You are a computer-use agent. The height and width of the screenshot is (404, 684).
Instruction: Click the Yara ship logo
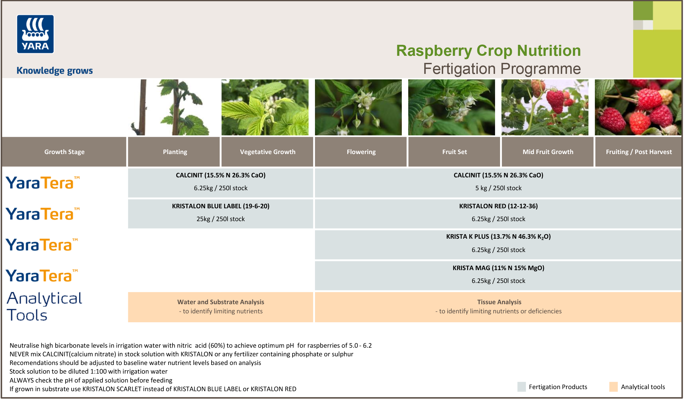pos(35,34)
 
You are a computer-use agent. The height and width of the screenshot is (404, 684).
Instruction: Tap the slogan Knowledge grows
pos(55,70)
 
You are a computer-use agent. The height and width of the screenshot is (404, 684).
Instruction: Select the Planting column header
pos(175,152)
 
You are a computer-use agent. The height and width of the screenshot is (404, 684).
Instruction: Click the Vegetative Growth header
pos(267,152)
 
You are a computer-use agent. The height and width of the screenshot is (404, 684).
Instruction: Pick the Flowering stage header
pos(361,152)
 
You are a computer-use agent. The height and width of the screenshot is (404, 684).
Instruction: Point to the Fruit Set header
pos(454,152)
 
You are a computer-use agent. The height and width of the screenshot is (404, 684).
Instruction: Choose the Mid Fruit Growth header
pos(548,152)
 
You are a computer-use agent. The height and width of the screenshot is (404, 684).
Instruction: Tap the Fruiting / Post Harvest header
pos(638,152)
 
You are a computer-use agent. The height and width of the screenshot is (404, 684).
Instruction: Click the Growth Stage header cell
pos(64,152)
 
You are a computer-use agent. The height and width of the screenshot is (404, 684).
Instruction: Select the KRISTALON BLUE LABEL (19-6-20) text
pos(221,206)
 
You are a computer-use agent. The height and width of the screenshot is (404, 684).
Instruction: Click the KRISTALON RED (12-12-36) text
pos(498,206)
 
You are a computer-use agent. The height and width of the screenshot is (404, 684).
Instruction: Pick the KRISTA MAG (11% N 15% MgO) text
pos(498,268)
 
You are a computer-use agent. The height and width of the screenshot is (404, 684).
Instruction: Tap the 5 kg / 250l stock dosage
pos(498,188)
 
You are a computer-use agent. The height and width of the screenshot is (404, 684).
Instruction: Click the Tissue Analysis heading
pos(499,302)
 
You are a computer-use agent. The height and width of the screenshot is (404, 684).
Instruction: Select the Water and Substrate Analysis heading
pos(221,302)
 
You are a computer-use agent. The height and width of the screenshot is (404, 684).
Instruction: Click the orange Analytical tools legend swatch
pos(613,387)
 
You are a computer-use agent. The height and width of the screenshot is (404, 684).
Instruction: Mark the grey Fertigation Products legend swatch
pos(522,387)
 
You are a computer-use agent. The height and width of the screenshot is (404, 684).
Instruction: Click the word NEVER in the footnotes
pos(18,354)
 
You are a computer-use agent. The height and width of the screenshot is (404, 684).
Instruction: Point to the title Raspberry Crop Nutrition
pos(488,51)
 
